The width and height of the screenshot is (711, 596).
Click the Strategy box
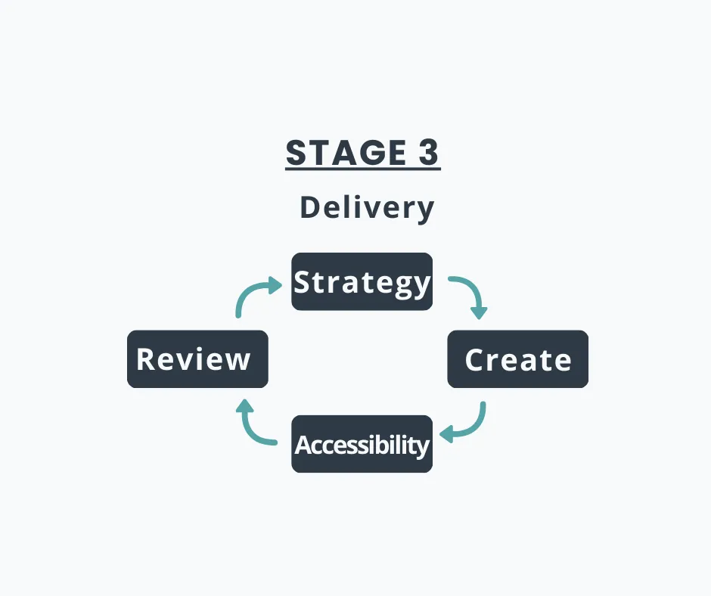(x=362, y=281)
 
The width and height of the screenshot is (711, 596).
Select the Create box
(x=517, y=359)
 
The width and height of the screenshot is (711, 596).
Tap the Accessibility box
(x=362, y=444)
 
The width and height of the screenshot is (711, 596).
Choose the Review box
(x=197, y=359)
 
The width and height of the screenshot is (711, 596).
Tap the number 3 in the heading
(x=427, y=154)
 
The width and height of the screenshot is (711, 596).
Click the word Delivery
(x=367, y=207)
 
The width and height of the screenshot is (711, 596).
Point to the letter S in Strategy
(x=303, y=282)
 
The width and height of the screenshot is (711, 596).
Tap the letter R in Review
(x=146, y=359)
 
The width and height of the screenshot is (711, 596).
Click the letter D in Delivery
(x=309, y=207)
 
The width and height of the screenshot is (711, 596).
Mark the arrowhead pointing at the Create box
(x=479, y=312)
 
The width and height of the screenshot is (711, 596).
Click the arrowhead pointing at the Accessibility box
(x=446, y=434)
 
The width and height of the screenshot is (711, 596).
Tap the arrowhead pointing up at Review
(x=244, y=408)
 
